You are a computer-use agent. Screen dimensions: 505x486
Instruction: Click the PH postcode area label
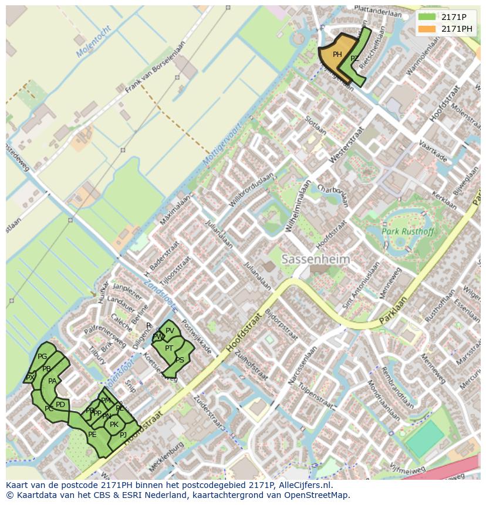pyautogui.click(x=337, y=55)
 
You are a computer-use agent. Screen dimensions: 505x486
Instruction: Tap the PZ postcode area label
pyautogui.click(x=355, y=59)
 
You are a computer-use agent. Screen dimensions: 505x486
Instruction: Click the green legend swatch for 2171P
pyautogui.click(x=427, y=16)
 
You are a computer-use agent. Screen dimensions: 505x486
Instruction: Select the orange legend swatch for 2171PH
pyautogui.click(x=427, y=29)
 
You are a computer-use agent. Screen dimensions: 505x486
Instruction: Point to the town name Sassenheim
pyautogui.click(x=315, y=259)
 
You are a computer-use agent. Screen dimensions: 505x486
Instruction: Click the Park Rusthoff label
pyautogui.click(x=409, y=231)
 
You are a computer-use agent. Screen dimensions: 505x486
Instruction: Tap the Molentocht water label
pyautogui.click(x=93, y=42)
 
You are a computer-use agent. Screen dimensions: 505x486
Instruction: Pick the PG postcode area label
pyautogui.click(x=42, y=357)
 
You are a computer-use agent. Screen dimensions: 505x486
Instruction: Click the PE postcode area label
pyautogui.click(x=92, y=435)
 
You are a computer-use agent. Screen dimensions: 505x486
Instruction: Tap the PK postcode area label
pyautogui.click(x=114, y=425)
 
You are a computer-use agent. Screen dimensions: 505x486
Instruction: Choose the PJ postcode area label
pyautogui.click(x=123, y=435)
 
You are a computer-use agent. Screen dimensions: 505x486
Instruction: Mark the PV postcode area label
pyautogui.click(x=170, y=331)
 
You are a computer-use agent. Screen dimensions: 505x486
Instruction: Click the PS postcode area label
pyautogui.click(x=180, y=360)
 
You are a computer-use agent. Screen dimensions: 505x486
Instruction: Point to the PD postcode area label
pyautogui.click(x=60, y=405)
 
